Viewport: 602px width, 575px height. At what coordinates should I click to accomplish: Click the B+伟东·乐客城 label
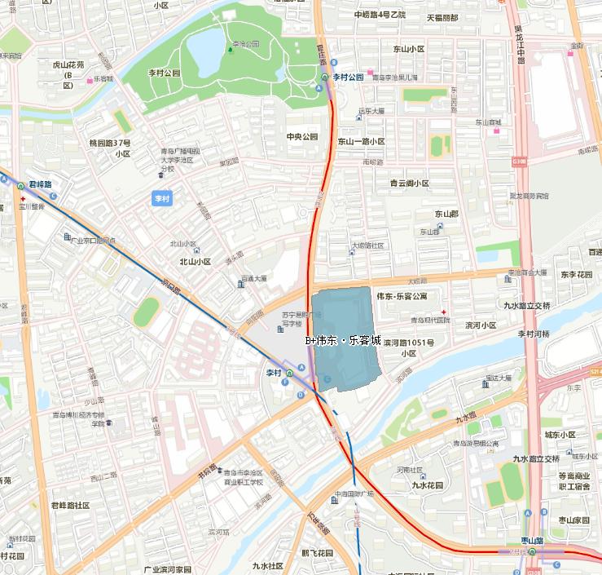[343, 340]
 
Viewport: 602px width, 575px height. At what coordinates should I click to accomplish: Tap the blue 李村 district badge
[163, 198]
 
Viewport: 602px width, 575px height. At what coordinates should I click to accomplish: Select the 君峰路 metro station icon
[21, 186]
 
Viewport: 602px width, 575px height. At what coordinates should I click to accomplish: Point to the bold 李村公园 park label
[164, 73]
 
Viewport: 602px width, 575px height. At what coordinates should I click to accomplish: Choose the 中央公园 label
[301, 136]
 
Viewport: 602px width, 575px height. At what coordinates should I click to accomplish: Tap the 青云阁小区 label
[409, 184]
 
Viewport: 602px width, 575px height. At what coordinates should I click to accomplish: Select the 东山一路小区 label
[362, 141]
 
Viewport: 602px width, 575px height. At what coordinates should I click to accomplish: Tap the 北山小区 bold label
[195, 262]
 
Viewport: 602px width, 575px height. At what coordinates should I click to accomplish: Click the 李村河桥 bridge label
[534, 334]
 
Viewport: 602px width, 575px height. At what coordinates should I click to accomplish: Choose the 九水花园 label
[427, 484]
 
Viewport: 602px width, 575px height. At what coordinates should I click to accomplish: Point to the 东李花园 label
[576, 274]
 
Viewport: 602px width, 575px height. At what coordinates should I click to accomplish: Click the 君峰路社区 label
[70, 505]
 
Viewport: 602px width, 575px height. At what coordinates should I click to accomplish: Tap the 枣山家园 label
[573, 520]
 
